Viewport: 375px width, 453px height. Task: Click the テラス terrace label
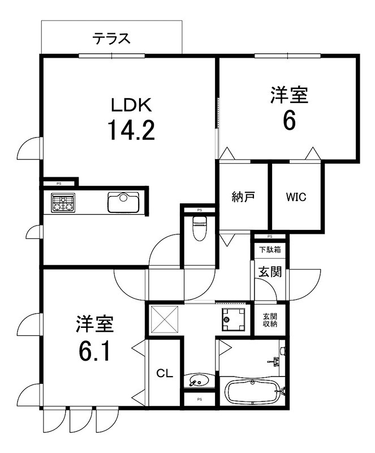(x=112, y=39)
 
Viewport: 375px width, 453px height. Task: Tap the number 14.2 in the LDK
(x=131, y=131)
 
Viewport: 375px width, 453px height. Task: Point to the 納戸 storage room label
(x=243, y=197)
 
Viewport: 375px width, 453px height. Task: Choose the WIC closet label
(x=295, y=197)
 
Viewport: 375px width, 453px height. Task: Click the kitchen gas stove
(x=63, y=202)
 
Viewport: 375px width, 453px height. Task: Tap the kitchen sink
(x=123, y=202)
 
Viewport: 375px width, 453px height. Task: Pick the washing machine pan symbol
(x=233, y=320)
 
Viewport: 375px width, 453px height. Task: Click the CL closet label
(x=164, y=373)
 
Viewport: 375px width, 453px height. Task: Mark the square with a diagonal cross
(x=163, y=320)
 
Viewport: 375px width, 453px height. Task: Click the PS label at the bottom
(x=199, y=400)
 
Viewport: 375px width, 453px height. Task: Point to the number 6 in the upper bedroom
(x=289, y=121)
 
